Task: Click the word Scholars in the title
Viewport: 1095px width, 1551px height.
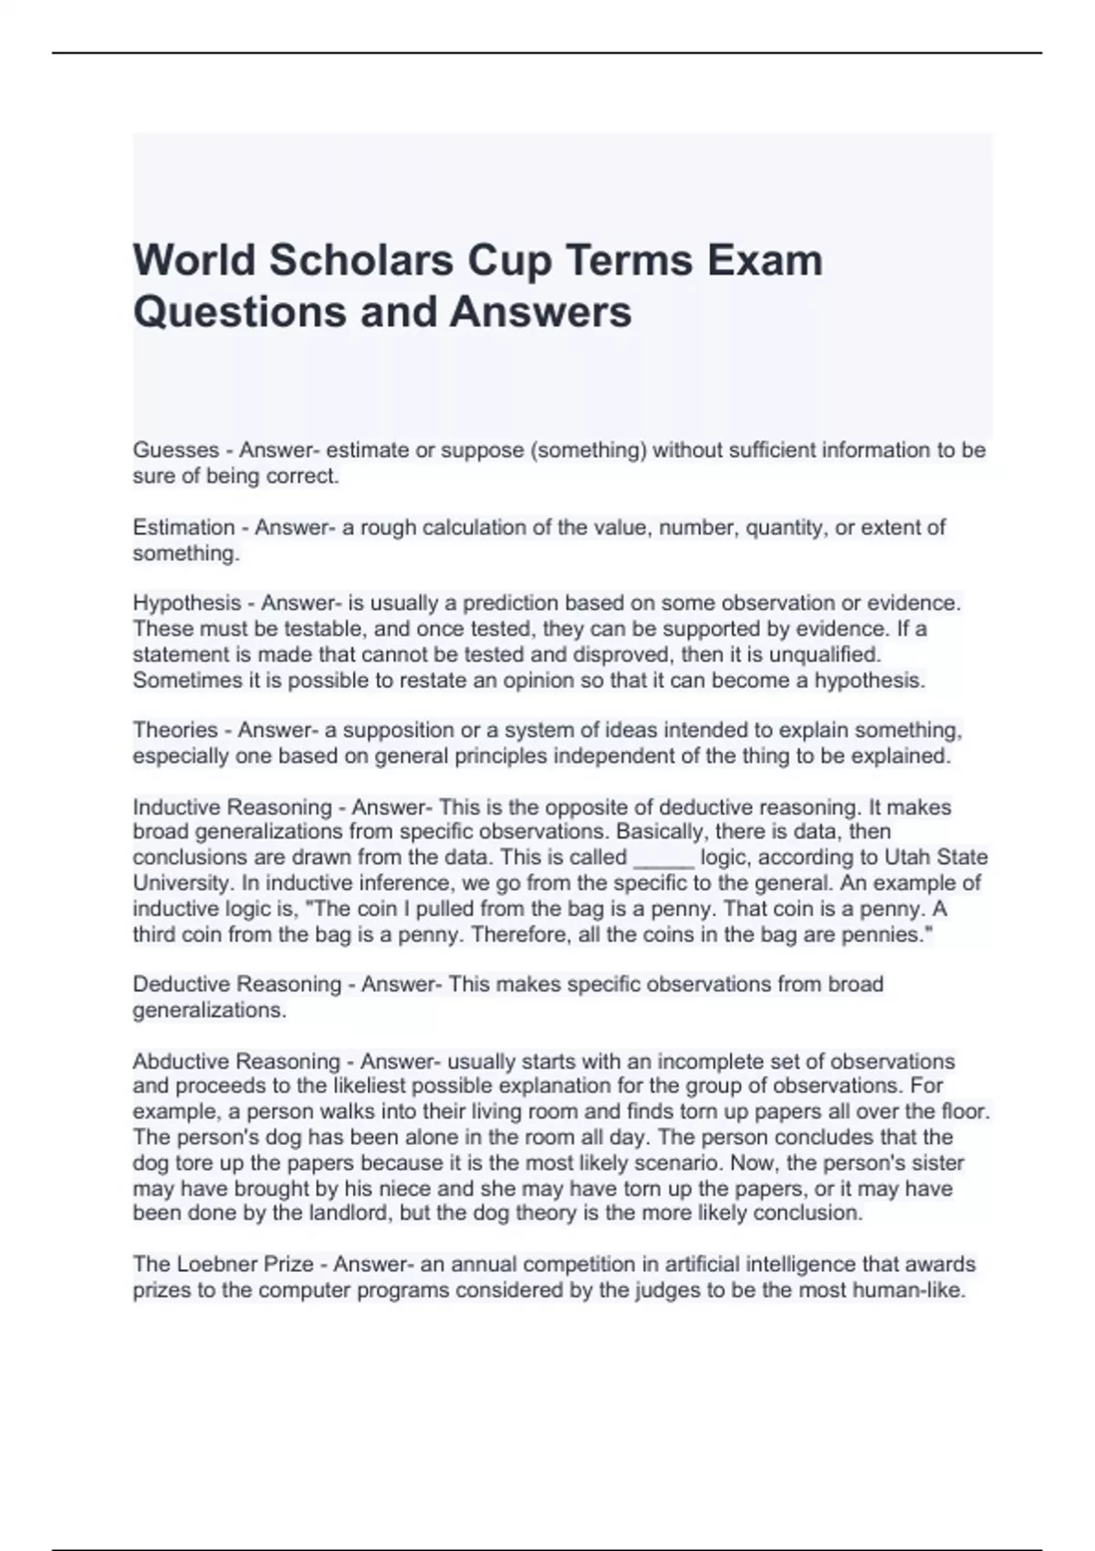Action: (x=361, y=260)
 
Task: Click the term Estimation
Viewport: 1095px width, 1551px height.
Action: (x=183, y=527)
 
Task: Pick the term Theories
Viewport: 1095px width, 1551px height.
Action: (x=175, y=730)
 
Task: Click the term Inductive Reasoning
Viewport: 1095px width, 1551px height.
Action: (x=232, y=807)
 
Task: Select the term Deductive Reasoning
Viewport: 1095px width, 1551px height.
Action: (x=237, y=984)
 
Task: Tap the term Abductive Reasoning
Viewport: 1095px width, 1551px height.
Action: (x=236, y=1061)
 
